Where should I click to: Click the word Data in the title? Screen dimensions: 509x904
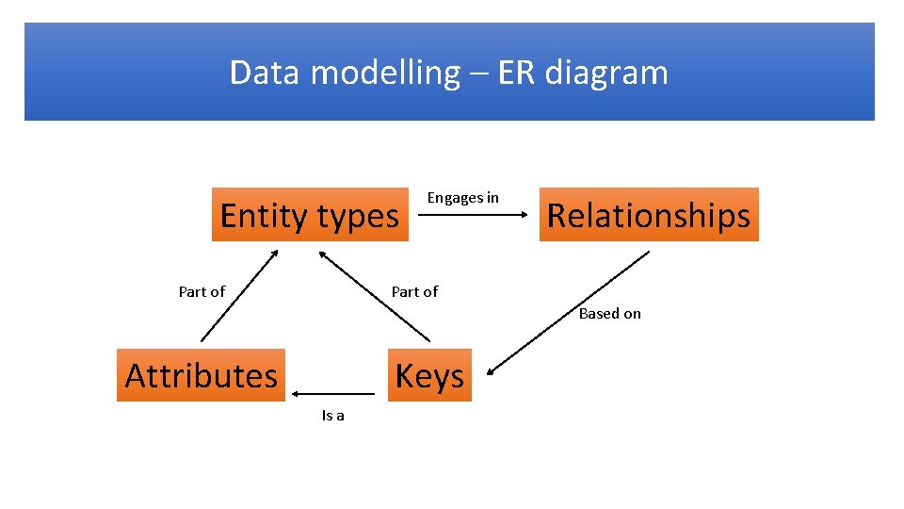pyautogui.click(x=259, y=73)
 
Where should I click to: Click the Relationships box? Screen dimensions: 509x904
pyautogui.click(x=648, y=215)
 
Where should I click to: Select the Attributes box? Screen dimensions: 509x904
pyautogui.click(x=202, y=375)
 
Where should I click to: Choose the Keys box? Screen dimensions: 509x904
pyautogui.click(x=429, y=375)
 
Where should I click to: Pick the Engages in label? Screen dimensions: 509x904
pyautogui.click(x=462, y=198)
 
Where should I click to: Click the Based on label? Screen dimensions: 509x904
pyautogui.click(x=609, y=314)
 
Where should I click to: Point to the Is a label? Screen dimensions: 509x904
pyautogui.click(x=332, y=416)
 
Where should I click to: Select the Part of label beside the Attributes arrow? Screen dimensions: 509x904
pyautogui.click(x=202, y=292)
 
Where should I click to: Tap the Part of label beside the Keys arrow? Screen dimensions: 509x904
pyautogui.click(x=414, y=292)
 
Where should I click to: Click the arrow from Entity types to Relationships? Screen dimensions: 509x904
pyautogui.click(x=473, y=215)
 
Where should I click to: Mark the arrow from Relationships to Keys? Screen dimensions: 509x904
pyautogui.click(x=569, y=312)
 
